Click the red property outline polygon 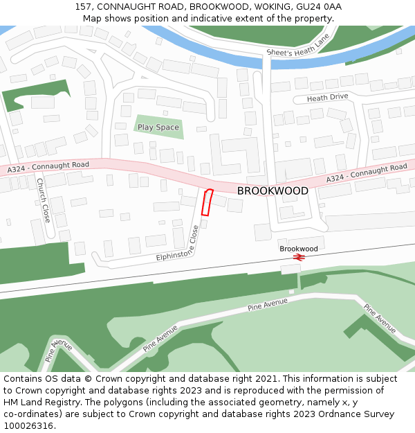(206, 201)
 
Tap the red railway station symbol (299, 257)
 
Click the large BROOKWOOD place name (273, 191)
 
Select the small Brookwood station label (299, 248)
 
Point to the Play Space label (158, 127)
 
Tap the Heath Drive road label (327, 98)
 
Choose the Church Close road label (43, 200)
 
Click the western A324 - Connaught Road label (48, 167)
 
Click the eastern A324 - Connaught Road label (367, 173)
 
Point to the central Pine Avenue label (267, 303)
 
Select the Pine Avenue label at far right (380, 318)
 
